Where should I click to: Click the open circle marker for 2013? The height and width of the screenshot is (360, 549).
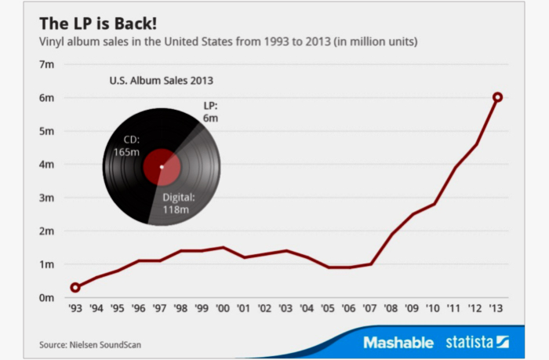(497, 97)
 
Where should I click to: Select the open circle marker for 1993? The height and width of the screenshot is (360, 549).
(75, 288)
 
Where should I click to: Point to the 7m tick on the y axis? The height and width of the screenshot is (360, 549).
(46, 64)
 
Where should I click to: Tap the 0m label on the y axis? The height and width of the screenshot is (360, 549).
(46, 298)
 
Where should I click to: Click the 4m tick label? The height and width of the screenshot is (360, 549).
(46, 165)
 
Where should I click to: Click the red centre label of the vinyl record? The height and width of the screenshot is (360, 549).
(162, 166)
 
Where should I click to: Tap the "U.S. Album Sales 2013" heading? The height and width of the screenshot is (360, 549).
(160, 80)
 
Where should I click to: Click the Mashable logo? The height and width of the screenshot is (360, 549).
(398, 343)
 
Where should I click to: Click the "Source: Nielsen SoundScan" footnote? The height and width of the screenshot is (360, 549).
(91, 344)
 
